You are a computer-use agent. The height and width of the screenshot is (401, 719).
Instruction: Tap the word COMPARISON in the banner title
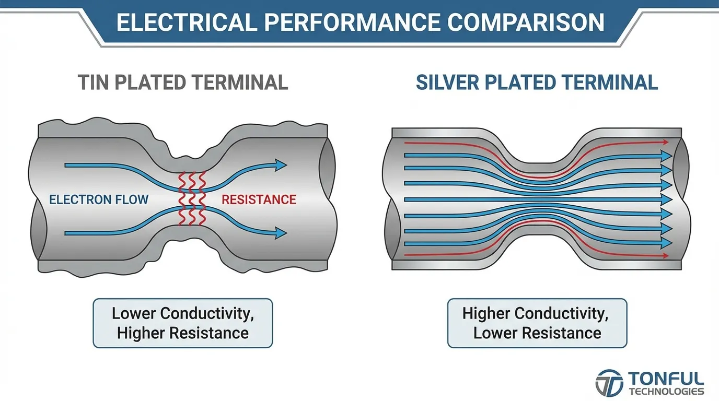point(526,22)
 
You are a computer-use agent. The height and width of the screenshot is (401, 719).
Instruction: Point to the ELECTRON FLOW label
point(99,199)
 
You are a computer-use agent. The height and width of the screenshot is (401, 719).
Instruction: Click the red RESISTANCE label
point(259,199)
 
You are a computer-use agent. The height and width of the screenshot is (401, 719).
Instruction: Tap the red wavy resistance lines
point(192,198)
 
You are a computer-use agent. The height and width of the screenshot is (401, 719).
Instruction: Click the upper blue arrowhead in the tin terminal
point(281,165)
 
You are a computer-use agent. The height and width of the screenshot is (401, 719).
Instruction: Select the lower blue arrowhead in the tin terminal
point(281,233)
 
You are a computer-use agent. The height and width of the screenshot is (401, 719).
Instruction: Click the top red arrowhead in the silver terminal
point(666,142)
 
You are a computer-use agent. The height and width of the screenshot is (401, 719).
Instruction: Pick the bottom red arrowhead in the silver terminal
point(666,256)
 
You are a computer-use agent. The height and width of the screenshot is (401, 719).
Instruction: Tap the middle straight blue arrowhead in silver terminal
point(666,199)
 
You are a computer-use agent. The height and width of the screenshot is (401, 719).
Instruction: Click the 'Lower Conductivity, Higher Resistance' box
point(183,323)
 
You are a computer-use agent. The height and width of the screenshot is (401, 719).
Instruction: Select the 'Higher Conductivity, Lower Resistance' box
point(537,323)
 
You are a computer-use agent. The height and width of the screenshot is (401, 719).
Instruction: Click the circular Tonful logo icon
point(609,383)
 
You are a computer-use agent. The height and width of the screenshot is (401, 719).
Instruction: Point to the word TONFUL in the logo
point(666,379)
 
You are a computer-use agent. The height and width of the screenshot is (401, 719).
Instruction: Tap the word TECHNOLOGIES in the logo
point(666,392)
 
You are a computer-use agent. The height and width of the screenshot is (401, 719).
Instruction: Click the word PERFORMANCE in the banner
point(352,22)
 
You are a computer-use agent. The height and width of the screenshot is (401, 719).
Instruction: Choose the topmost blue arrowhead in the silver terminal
point(666,156)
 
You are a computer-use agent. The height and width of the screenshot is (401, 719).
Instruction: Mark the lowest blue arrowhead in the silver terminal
point(666,243)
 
